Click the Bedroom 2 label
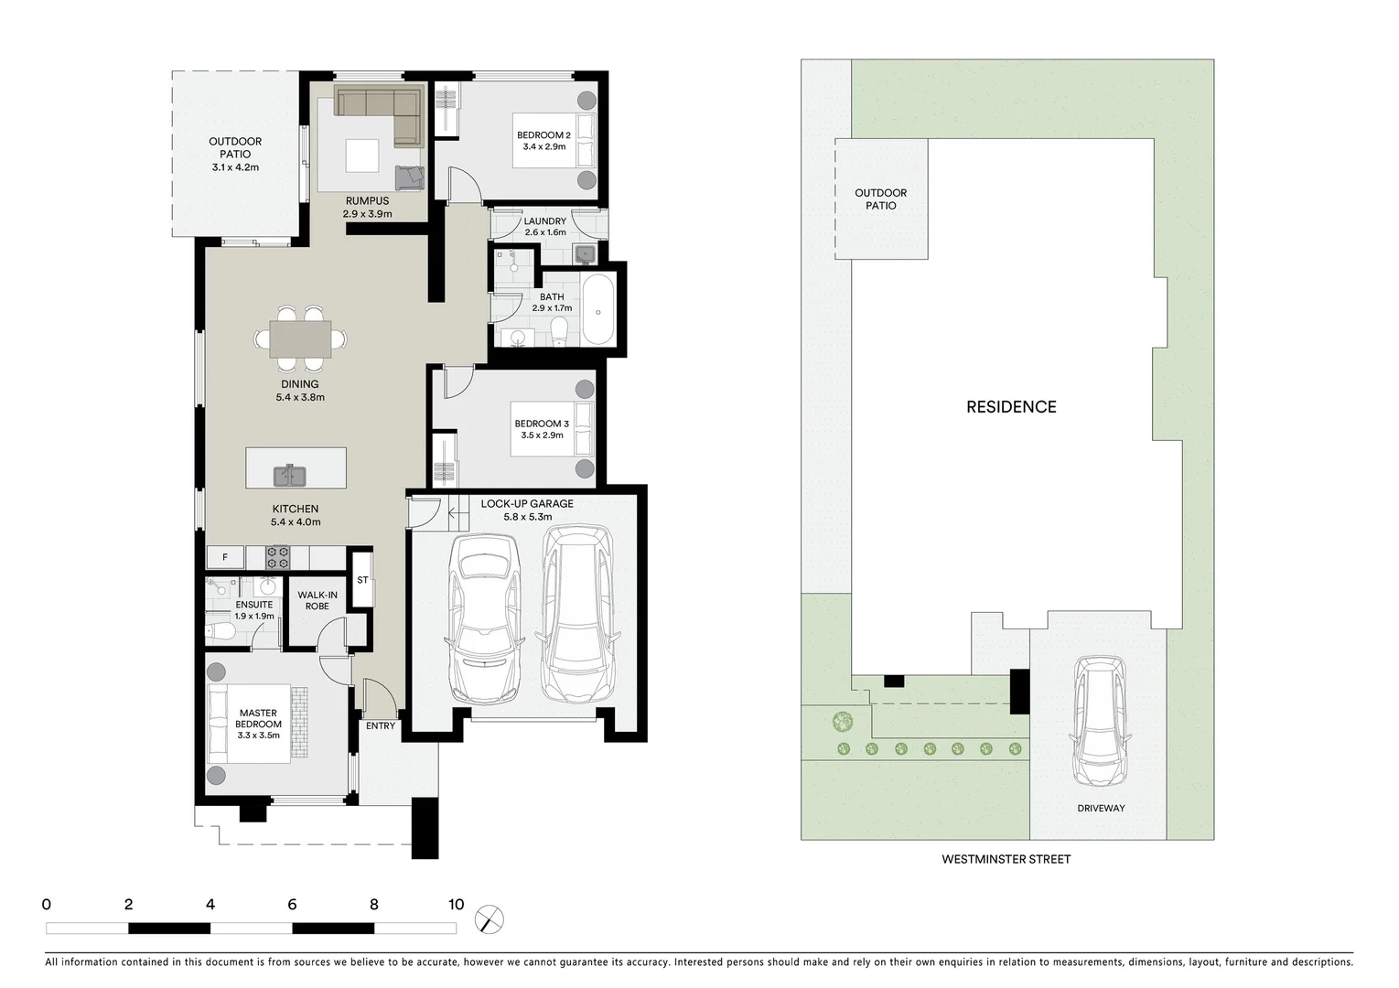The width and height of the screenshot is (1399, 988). (x=543, y=135)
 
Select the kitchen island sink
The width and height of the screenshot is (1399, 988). (x=290, y=477)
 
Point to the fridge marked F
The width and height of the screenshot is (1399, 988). (x=225, y=557)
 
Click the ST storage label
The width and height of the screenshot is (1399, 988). (x=362, y=580)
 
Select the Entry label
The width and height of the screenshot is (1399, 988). (x=381, y=725)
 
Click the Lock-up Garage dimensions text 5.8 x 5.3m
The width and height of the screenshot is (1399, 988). (x=527, y=517)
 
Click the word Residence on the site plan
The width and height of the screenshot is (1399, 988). (x=1011, y=407)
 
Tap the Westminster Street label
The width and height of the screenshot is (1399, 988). (x=1006, y=859)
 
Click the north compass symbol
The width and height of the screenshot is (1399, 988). (x=490, y=918)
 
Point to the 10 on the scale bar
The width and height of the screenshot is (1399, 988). (x=456, y=905)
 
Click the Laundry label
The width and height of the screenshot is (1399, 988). (x=544, y=221)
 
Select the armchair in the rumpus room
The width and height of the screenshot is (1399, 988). (x=410, y=177)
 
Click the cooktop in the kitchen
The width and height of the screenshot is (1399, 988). (x=277, y=557)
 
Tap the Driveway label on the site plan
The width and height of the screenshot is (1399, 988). (x=1101, y=808)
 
